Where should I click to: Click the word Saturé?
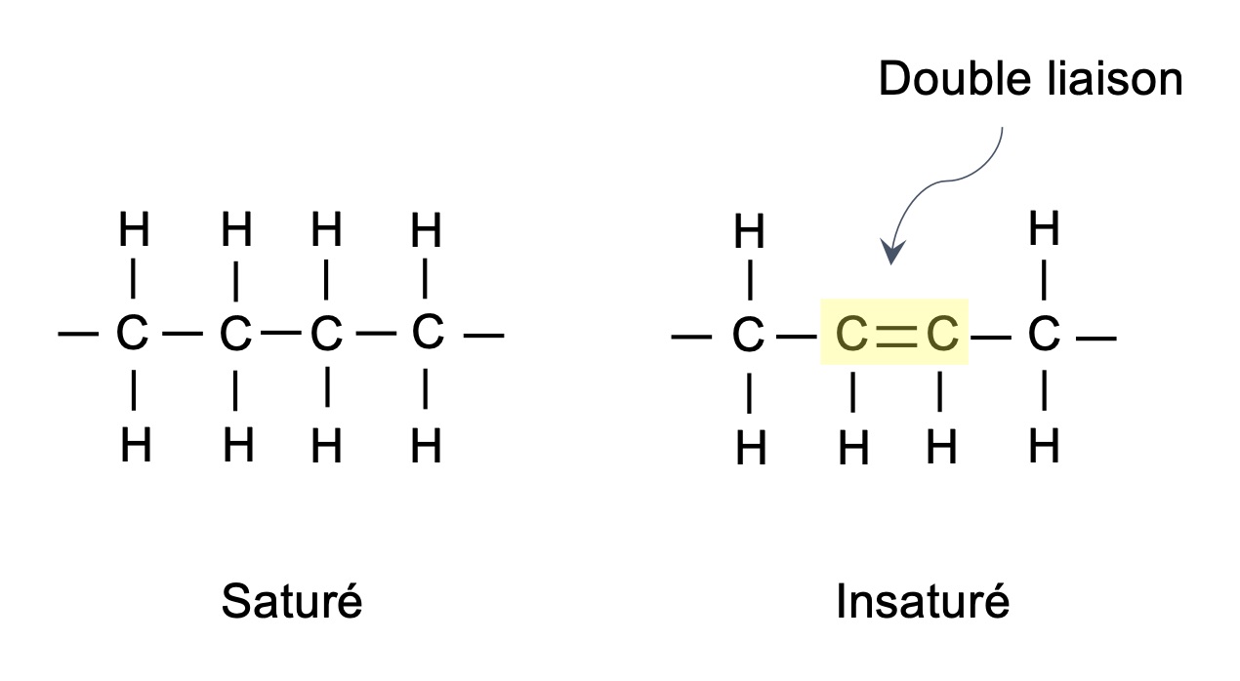292,601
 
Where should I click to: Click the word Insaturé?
923,601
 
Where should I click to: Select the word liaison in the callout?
1115,79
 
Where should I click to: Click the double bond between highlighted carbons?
896,337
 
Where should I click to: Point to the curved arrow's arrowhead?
892,252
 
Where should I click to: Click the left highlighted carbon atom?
851,334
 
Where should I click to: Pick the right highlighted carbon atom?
942,334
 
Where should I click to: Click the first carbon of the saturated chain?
132,332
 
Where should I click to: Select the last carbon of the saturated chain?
428,331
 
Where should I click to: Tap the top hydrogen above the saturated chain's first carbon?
134,228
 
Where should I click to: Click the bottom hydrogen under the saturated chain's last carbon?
427,445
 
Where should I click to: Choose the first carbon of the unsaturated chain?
748,334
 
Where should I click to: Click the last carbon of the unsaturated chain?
1044,333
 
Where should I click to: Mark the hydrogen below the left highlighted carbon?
853,448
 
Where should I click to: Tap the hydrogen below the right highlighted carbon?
941,447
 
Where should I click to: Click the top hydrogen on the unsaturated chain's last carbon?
1044,227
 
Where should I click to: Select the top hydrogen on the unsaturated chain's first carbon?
749,230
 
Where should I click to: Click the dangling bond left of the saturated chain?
78,334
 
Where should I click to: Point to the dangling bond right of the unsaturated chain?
1096,338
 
